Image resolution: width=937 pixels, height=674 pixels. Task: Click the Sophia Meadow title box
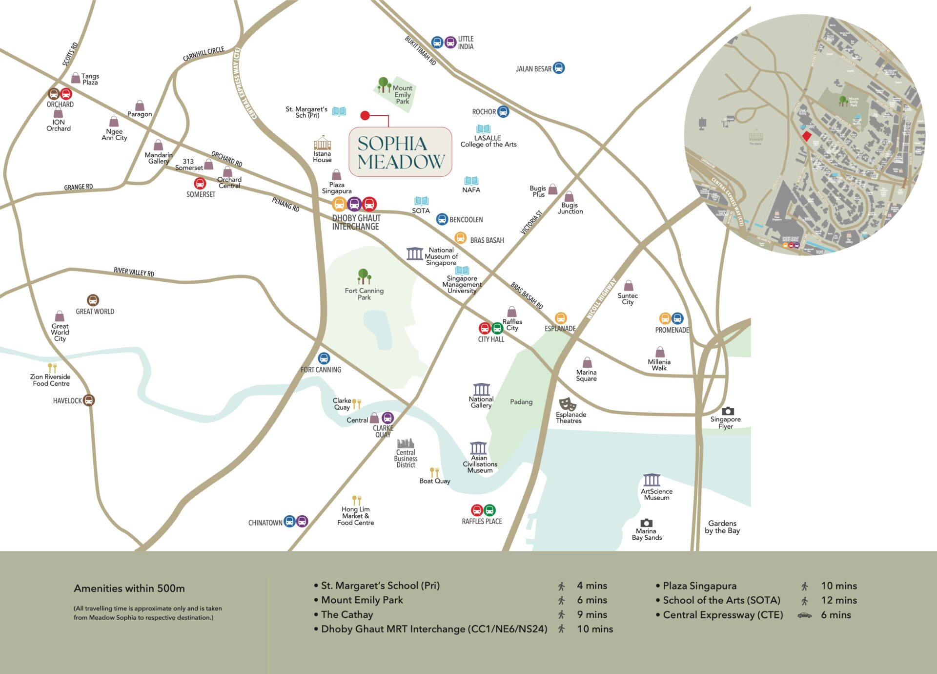(400, 152)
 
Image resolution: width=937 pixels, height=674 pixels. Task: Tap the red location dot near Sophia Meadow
(365, 116)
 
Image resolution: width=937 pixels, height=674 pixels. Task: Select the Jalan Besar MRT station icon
(559, 68)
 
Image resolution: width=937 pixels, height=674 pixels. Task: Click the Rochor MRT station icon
(503, 111)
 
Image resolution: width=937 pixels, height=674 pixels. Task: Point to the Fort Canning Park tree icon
(364, 276)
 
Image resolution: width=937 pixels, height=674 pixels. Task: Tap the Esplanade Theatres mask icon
(567, 403)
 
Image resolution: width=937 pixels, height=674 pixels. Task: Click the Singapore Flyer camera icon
(728, 411)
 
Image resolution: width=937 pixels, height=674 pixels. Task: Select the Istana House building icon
(322, 143)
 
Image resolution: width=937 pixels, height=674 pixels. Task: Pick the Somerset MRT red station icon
(200, 184)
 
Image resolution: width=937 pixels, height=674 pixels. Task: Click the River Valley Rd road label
(134, 272)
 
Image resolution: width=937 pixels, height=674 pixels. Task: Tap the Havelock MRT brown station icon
(88, 400)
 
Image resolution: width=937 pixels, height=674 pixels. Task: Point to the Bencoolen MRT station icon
(442, 219)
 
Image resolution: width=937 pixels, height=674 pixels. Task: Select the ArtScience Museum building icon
(652, 480)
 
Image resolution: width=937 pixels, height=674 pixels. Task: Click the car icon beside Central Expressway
(804, 615)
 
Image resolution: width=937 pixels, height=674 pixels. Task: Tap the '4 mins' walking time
(591, 586)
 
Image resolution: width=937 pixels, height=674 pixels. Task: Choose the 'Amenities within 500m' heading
(129, 589)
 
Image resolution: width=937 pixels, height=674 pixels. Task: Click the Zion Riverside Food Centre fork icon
(52, 368)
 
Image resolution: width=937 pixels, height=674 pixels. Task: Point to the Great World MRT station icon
(93, 300)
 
